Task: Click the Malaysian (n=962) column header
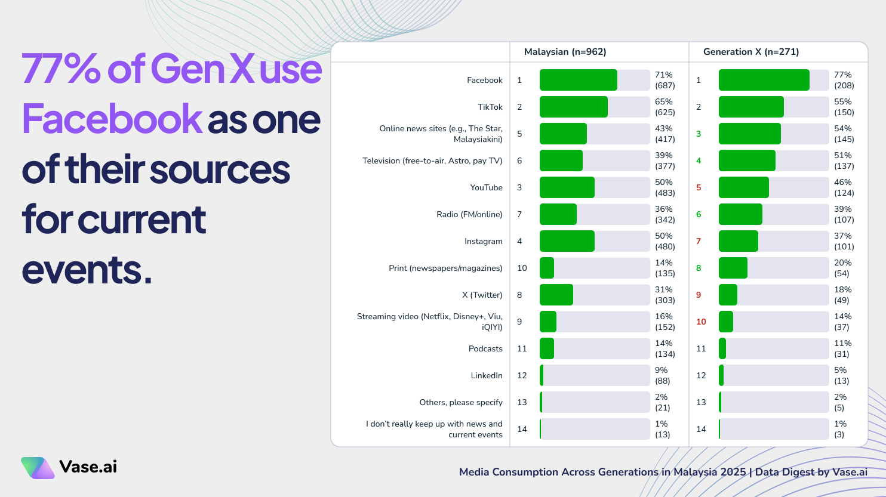tap(565, 52)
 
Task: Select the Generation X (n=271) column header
tap(750, 52)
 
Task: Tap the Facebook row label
tap(484, 81)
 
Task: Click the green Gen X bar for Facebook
tap(764, 80)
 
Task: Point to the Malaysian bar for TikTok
tap(573, 107)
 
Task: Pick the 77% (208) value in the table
tap(844, 80)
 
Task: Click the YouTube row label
tap(486, 187)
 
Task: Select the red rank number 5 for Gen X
tap(699, 187)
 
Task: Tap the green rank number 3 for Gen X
tap(699, 134)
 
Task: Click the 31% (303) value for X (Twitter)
tap(664, 295)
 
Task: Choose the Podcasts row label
tap(485, 348)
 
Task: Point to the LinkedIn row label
tap(486, 375)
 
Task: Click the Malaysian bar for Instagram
tap(567, 241)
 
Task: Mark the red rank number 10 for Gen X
tap(701, 322)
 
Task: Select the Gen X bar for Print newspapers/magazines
tap(733, 268)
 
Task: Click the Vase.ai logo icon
tap(38, 468)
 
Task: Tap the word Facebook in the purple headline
tap(112, 119)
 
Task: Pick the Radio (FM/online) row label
tap(469, 214)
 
